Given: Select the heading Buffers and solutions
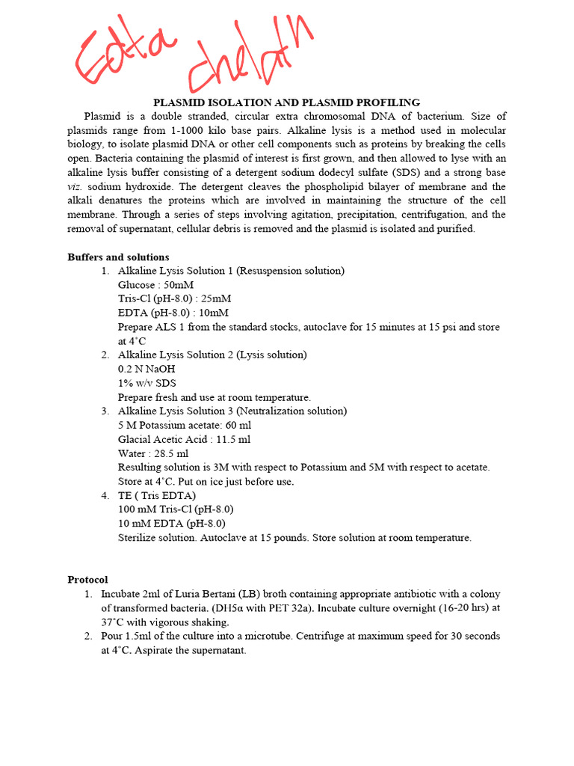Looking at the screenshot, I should [x=118, y=257].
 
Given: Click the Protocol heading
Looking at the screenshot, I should [x=87, y=580].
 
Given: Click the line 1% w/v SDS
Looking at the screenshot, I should [x=147, y=383].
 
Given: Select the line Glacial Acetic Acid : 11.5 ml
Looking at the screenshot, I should [x=185, y=439].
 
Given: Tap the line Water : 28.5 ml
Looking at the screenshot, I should [x=153, y=453].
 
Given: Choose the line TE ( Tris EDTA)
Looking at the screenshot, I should [x=157, y=495].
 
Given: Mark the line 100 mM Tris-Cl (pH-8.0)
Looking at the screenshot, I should [x=171, y=509].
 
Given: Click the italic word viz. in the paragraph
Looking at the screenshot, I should [x=77, y=187].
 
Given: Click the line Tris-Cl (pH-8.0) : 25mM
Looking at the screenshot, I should [x=174, y=299].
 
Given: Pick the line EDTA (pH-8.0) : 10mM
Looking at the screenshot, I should [x=173, y=313].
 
